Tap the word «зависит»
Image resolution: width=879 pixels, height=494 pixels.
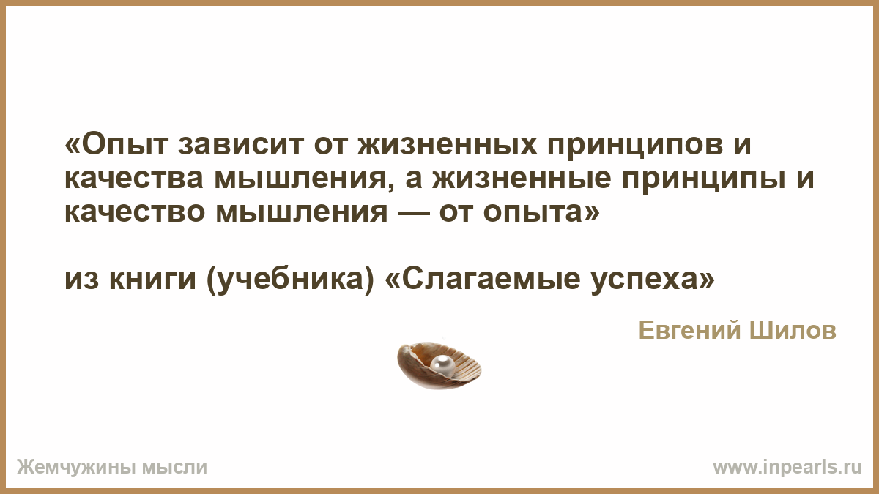coord(241,144)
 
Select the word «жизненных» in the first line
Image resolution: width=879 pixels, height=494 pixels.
coord(447,144)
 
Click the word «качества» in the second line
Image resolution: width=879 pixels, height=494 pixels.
coord(134,178)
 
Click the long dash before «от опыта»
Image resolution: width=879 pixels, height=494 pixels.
coord(413,213)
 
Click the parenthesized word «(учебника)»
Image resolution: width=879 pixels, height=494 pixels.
coord(289,281)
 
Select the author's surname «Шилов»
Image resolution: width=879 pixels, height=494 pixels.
coord(793,331)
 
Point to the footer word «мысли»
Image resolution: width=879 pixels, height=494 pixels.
coord(174,468)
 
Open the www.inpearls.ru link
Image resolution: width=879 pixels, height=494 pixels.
coord(787,468)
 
